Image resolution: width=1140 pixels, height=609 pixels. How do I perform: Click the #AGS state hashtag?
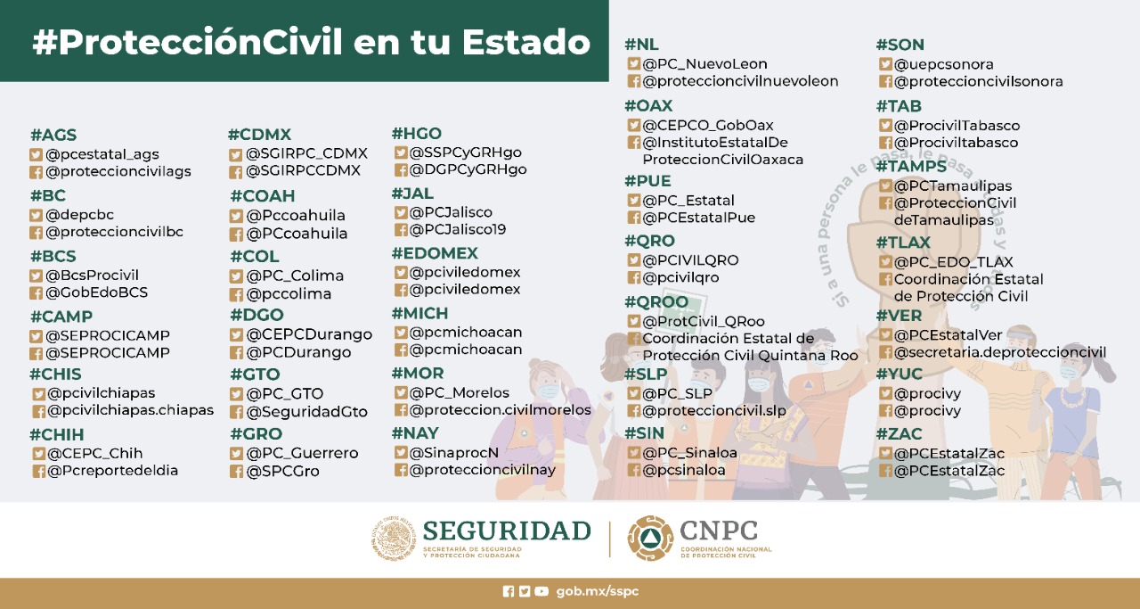tap(53, 136)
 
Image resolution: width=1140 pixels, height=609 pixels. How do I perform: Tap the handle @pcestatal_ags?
tap(102, 154)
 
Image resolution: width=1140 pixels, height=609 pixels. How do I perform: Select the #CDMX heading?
tap(259, 135)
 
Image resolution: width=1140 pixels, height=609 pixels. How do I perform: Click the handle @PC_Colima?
tap(295, 276)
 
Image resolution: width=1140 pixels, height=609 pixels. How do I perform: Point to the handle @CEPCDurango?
tap(309, 335)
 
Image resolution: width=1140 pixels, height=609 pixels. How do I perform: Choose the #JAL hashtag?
tap(412, 193)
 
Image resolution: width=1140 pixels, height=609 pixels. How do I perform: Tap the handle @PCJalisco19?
tap(458, 229)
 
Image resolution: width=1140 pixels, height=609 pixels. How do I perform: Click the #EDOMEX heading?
tap(435, 253)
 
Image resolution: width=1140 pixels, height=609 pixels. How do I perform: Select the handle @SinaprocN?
tap(454, 452)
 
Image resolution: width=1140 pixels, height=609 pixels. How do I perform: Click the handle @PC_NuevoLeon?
tap(704, 64)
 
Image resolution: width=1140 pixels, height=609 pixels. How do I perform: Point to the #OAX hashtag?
tap(648, 105)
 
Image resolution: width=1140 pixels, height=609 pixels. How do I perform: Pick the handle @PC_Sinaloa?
tap(690, 452)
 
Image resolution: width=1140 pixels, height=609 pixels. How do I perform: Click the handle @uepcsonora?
tap(944, 64)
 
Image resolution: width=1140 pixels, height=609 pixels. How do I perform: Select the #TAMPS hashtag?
tap(911, 166)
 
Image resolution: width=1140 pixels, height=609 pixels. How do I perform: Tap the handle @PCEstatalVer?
tap(949, 335)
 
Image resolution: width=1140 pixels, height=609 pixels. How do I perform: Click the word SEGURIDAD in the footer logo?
tap(507, 531)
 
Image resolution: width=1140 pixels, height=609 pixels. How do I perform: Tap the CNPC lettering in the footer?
tap(719, 531)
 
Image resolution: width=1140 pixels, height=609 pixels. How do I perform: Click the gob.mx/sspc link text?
tap(597, 591)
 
